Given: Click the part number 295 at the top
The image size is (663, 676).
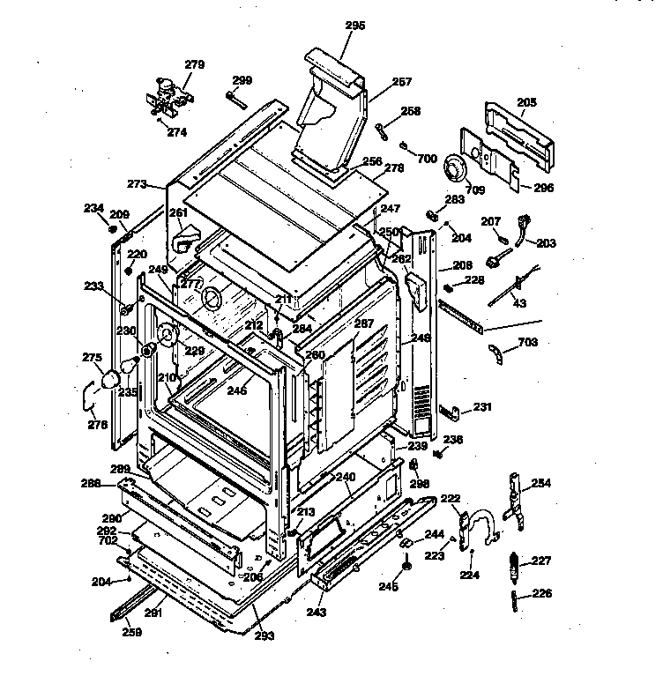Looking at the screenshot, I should pyautogui.click(x=354, y=26).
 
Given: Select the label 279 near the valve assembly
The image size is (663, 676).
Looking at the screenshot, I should pyautogui.click(x=193, y=64).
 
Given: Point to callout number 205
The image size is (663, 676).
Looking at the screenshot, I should pyautogui.click(x=526, y=103).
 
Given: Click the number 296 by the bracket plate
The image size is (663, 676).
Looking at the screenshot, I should pyautogui.click(x=544, y=187).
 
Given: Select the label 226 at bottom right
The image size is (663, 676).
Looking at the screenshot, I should pyautogui.click(x=541, y=593).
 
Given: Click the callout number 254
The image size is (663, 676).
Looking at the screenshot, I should pyautogui.click(x=540, y=483).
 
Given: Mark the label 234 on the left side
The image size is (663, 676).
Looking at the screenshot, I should pyautogui.click(x=93, y=208).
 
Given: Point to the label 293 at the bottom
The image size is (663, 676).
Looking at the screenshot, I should pyautogui.click(x=263, y=635).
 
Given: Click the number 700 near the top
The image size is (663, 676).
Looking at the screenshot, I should pyautogui.click(x=426, y=159).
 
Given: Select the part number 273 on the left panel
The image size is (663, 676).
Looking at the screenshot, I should pyautogui.click(x=137, y=184).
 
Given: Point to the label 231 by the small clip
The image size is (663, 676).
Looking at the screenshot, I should pyautogui.click(x=481, y=407).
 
